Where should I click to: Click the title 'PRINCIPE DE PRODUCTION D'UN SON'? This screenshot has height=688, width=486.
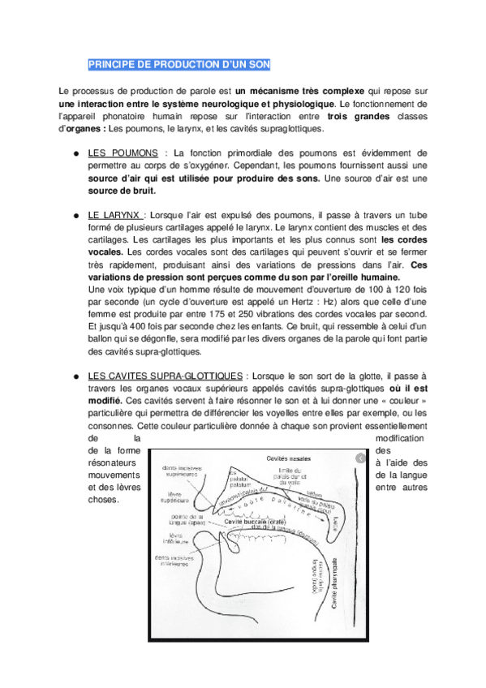(179, 65)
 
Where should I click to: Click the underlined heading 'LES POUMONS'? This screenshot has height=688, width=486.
(118, 153)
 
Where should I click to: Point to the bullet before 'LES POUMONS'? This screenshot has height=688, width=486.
(75, 153)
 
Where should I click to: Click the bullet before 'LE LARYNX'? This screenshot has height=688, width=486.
(75, 216)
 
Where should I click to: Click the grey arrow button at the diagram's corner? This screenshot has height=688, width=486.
(355, 458)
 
